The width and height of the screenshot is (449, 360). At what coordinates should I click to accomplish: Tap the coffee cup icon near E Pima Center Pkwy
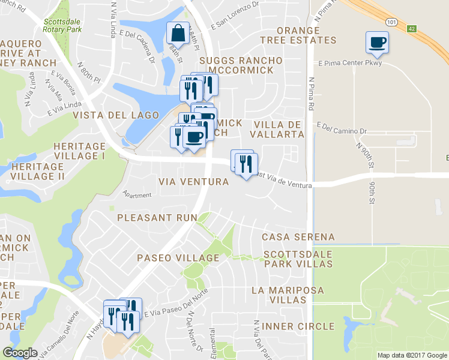[x=377, y=42]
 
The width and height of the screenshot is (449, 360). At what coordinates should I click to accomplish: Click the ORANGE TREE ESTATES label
[x=298, y=35]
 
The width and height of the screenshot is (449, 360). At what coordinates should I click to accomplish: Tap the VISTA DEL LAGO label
[x=116, y=115]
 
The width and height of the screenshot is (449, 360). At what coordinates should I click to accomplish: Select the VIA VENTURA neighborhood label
[x=193, y=181]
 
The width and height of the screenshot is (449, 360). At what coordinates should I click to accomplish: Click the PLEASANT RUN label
[x=157, y=217]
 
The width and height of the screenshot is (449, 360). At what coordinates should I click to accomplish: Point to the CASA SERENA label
[x=298, y=237]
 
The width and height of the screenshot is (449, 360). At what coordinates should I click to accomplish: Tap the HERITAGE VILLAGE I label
[x=79, y=151]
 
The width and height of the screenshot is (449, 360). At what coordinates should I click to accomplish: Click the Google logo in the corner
[x=19, y=353]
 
